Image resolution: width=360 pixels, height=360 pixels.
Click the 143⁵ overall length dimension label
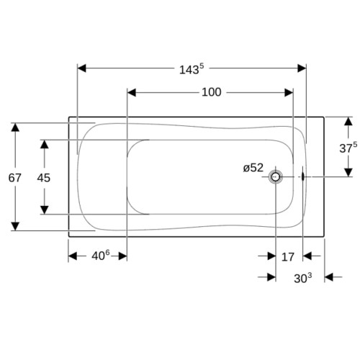click(x=192, y=69)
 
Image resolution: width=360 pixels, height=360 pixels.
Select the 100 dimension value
click(x=212, y=92)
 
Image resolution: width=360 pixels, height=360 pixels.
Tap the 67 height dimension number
click(x=15, y=178)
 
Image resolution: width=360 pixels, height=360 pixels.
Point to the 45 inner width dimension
click(x=44, y=178)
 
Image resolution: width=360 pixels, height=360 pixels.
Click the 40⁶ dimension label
click(x=101, y=256)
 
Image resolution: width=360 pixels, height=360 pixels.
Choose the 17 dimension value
click(x=288, y=257)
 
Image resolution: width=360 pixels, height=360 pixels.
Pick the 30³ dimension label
click(x=303, y=278)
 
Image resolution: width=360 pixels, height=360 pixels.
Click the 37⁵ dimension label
click(x=348, y=148)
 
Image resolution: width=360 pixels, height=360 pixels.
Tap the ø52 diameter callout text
click(x=253, y=168)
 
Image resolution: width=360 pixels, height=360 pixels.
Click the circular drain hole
click(x=276, y=177)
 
